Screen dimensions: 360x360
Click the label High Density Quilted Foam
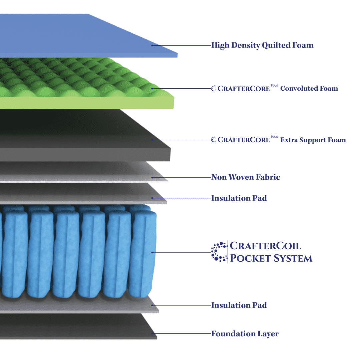coord(262,45)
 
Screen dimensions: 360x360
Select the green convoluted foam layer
coord(83,83)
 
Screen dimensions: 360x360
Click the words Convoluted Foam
coord(309,89)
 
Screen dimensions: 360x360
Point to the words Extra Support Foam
coord(313,140)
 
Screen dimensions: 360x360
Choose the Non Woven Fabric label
coord(246,177)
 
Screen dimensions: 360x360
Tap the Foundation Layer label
coord(245,334)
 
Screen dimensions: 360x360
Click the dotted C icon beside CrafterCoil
coord(219,252)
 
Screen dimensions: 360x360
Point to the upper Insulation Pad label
coord(239,198)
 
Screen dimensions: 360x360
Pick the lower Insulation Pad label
coord(239,305)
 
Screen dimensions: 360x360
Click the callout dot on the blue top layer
coord(152,45)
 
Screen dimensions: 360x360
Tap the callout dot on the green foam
coord(152,89)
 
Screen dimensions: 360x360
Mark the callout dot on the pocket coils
coord(152,252)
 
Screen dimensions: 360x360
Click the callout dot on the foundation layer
coord(152,333)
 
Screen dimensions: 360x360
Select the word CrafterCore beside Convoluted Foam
coord(243,89)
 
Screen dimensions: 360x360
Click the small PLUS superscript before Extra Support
coord(274,136)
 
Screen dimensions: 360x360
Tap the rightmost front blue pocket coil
coord(143,253)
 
